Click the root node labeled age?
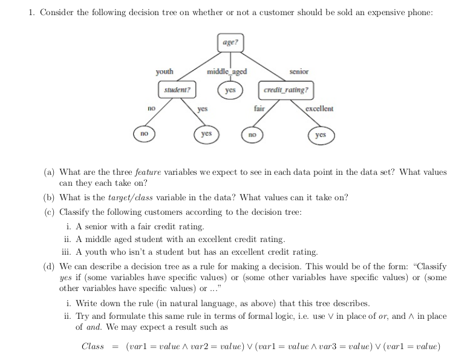[x=230, y=42]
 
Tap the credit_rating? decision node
[x=286, y=90]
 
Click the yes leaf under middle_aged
[x=230, y=90]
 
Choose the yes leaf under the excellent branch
[x=321, y=134]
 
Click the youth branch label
[x=165, y=72]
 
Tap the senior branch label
[x=299, y=72]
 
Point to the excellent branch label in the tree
[x=319, y=109]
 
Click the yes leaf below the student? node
[x=206, y=133]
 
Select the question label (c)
[x=49, y=212]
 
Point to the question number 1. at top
[x=32, y=13]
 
